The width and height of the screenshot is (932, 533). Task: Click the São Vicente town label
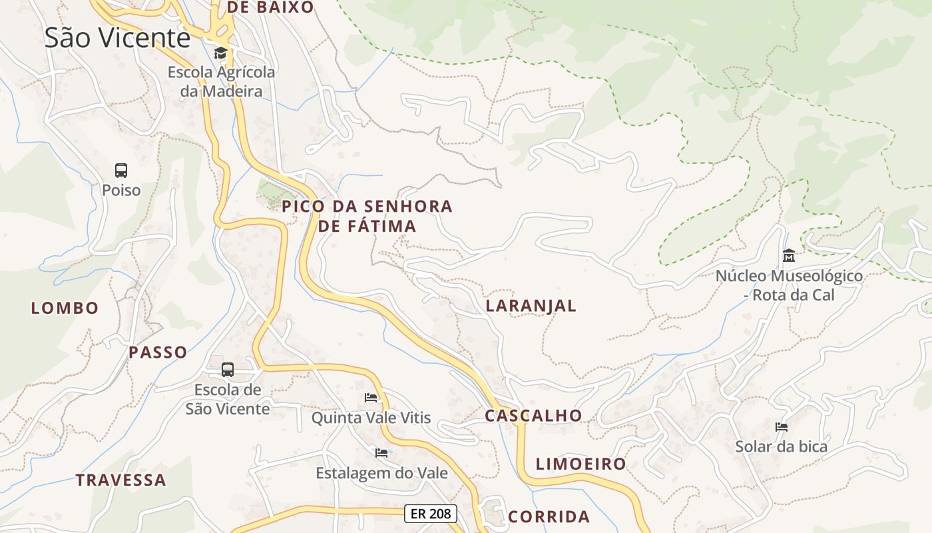click(118, 38)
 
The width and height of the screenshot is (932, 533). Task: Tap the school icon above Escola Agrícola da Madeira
click(220, 53)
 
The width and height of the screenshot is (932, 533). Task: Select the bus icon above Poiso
click(120, 171)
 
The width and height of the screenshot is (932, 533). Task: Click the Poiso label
click(121, 191)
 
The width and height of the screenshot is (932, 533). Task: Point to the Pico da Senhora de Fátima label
click(367, 216)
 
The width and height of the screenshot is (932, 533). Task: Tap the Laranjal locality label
click(531, 306)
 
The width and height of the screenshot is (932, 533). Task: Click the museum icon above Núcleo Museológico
click(789, 255)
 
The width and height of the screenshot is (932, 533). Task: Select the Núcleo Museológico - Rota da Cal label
click(789, 285)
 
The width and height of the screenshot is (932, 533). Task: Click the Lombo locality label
click(65, 308)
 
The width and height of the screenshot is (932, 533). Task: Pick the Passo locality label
click(158, 352)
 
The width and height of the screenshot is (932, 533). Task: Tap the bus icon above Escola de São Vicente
click(228, 369)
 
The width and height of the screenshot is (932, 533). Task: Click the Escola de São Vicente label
click(228, 399)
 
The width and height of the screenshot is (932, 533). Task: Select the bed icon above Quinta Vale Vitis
click(371, 398)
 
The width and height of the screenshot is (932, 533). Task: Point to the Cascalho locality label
click(533, 416)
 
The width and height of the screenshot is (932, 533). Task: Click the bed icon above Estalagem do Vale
click(381, 453)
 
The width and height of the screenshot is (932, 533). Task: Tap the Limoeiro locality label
click(581, 464)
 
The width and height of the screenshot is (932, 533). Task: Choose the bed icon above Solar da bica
click(782, 426)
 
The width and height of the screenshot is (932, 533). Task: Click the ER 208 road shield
click(431, 514)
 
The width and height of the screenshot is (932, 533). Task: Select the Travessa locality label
click(120, 480)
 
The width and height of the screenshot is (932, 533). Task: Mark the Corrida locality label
click(549, 516)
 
